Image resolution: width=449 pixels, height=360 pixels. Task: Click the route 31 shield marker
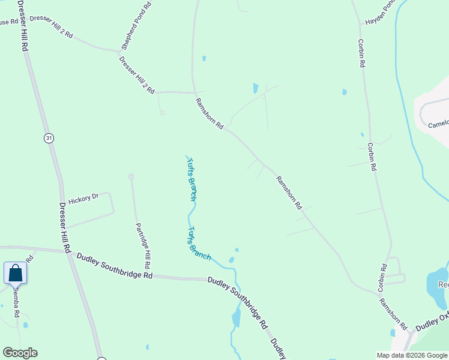click(x=49, y=139)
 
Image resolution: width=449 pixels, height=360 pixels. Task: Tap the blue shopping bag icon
click(x=15, y=274)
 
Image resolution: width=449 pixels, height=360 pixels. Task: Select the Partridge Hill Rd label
click(x=144, y=244)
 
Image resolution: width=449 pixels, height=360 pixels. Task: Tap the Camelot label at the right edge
click(x=438, y=124)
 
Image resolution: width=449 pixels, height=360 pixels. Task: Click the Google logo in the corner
click(x=20, y=353)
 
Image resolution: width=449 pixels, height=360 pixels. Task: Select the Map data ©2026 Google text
click(x=412, y=355)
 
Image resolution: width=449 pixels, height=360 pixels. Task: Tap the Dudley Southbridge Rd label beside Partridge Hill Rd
click(x=114, y=265)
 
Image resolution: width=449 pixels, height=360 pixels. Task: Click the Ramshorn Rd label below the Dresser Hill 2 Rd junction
click(x=209, y=114)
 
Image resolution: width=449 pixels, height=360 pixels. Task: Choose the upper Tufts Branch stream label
click(x=191, y=178)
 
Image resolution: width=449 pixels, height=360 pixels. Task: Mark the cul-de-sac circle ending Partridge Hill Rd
click(x=131, y=176)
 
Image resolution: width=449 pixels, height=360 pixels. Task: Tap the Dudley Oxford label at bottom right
click(x=432, y=324)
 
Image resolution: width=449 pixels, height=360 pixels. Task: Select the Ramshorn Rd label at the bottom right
click(x=393, y=314)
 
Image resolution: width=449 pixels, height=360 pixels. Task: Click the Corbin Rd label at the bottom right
click(x=382, y=278)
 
